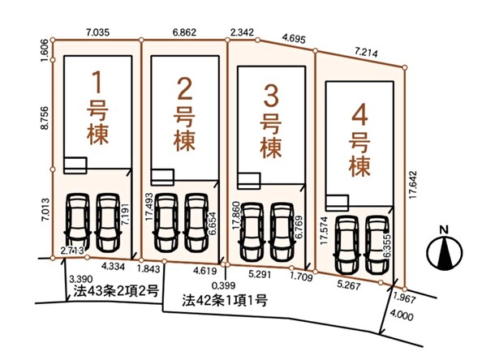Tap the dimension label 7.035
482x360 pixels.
point(97,32)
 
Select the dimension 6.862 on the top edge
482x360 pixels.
point(184,32)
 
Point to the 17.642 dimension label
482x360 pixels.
point(413,185)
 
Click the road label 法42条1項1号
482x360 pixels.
point(225,300)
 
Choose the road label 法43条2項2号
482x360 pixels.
point(116,291)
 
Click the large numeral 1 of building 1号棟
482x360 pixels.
point(97,82)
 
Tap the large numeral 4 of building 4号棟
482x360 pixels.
point(359,117)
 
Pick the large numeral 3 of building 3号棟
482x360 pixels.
point(271,96)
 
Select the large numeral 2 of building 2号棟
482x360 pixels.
point(185,88)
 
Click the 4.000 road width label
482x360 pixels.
point(402,315)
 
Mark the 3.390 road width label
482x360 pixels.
point(81,279)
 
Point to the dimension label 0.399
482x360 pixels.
point(223,285)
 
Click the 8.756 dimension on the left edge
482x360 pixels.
point(45,118)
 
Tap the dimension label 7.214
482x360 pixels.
point(366,53)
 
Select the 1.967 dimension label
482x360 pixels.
point(405,298)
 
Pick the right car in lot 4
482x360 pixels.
point(377,245)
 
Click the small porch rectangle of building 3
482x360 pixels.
point(249,181)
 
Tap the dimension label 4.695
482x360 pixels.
point(295,39)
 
